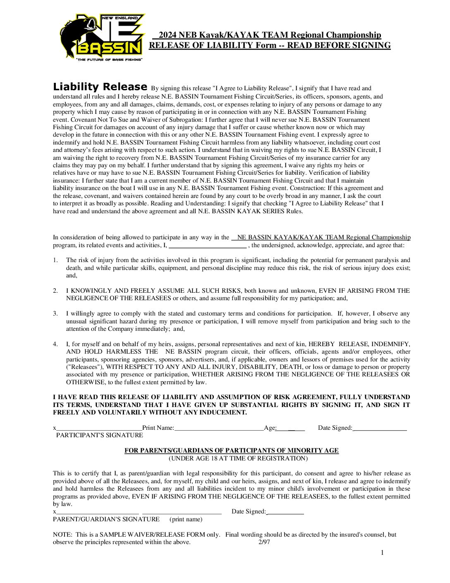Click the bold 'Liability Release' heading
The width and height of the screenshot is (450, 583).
tap(100, 87)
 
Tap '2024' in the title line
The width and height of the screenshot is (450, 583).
tap(168, 35)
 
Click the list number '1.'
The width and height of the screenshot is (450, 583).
tap(55, 260)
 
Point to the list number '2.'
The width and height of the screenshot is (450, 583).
tap(55, 291)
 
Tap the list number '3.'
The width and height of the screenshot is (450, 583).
tap(55, 313)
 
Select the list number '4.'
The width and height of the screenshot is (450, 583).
tap(55, 344)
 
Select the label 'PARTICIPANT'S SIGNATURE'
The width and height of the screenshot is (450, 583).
tap(99, 435)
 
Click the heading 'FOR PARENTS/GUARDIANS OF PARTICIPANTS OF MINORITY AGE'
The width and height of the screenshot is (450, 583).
tap(231, 450)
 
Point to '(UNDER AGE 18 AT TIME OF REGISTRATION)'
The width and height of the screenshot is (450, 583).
tap(238, 458)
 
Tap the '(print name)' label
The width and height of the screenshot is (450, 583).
tap(186, 519)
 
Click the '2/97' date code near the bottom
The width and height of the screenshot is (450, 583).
tap(264, 542)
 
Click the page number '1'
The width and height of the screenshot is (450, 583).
tap(382, 553)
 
